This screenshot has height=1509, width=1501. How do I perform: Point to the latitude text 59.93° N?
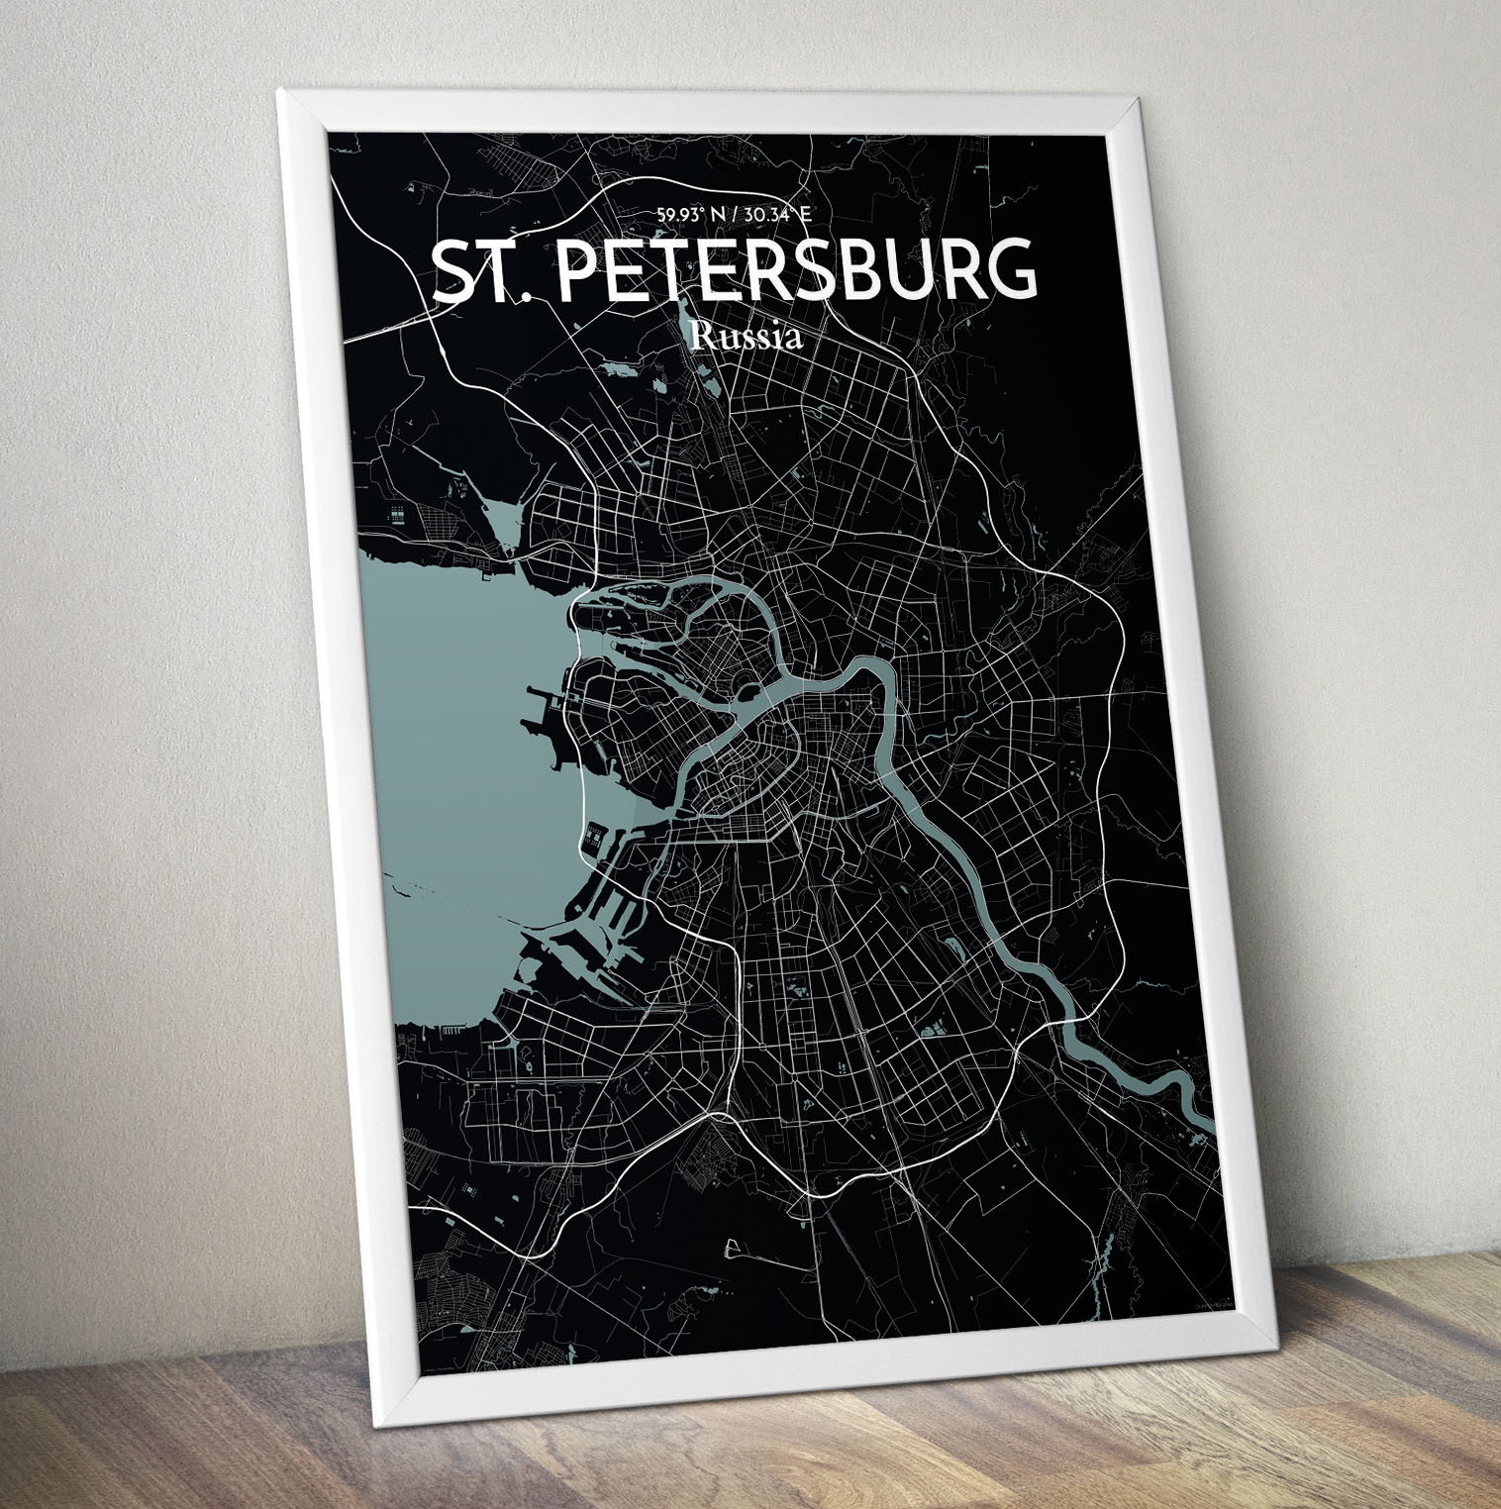[685, 214]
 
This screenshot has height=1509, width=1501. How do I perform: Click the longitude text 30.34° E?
[778, 214]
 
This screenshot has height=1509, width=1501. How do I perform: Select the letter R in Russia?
[700, 336]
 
